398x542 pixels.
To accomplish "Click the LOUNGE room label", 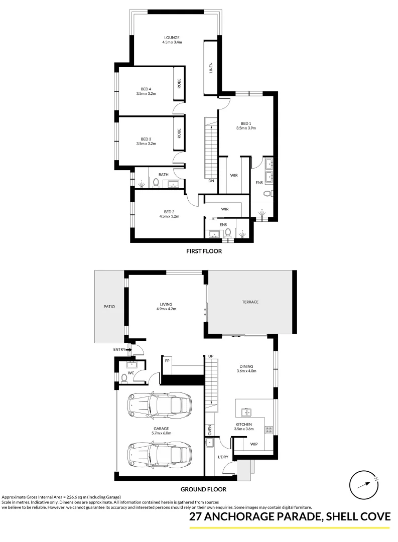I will [172, 38].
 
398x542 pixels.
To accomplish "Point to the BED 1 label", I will [245, 123].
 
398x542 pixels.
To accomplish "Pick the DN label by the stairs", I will [211, 181].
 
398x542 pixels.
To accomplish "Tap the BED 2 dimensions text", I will [169, 216].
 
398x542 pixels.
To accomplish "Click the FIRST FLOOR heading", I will [203, 251].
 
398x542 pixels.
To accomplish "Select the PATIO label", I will [109, 306].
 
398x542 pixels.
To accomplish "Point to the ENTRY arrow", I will [129, 349].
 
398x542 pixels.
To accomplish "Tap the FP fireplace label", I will [167, 361].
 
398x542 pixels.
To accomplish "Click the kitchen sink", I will [246, 413].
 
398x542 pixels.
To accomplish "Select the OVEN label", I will [210, 430].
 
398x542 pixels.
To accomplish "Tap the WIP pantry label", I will [253, 444].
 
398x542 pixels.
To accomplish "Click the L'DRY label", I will [223, 457].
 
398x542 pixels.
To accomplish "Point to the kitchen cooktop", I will [269, 430].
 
